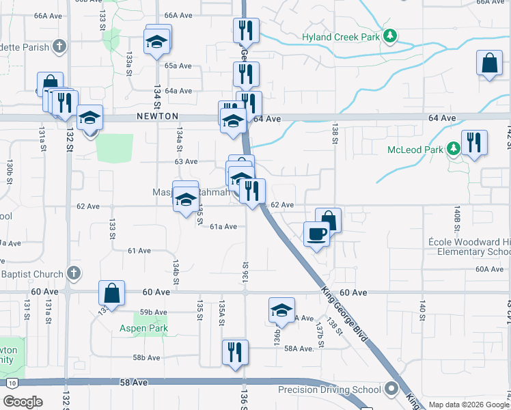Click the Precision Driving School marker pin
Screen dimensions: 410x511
point(391,389)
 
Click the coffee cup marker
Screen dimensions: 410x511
point(316,234)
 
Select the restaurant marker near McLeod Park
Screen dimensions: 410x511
point(473,143)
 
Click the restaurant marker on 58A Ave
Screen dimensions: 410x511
point(235,352)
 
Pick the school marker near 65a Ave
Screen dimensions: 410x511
point(157,42)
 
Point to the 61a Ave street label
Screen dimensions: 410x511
point(223,226)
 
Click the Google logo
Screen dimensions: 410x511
point(23,402)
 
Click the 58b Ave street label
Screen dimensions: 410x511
point(146,357)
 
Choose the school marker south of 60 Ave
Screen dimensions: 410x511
point(281,310)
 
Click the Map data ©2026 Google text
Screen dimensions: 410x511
point(469,405)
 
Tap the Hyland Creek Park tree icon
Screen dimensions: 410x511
point(390,36)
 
